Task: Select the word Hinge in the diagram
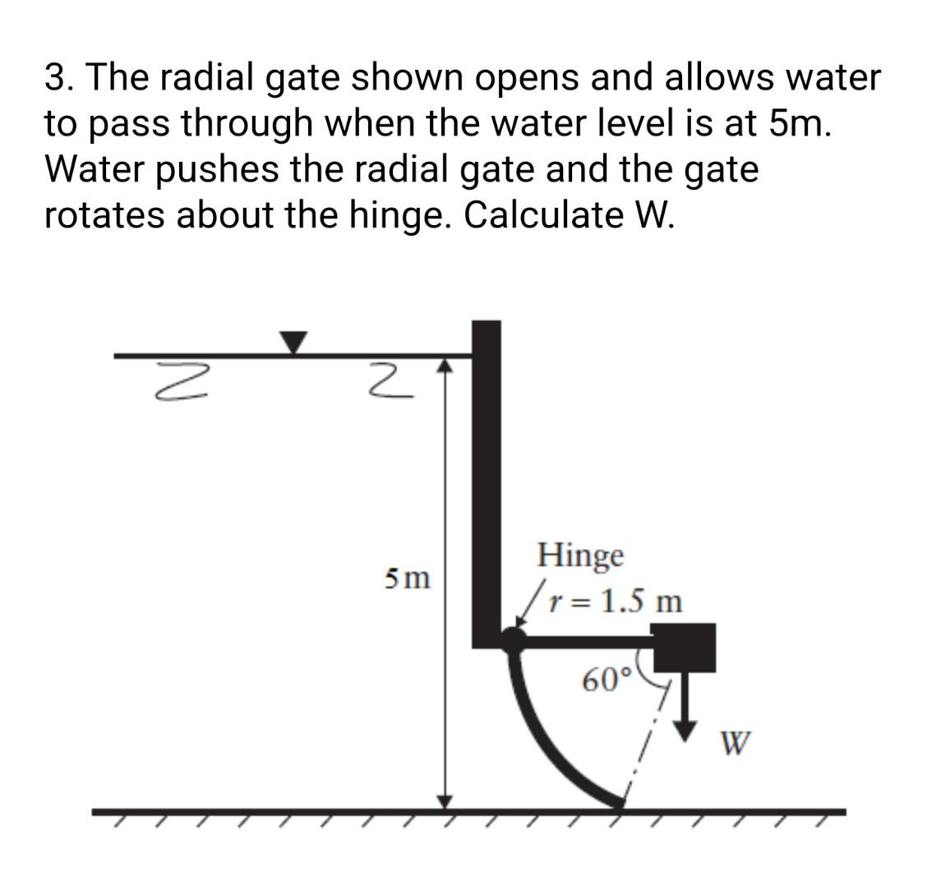pos(580,555)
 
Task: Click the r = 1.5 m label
pos(616,602)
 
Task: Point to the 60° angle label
pos(607,680)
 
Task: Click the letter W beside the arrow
pos(735,743)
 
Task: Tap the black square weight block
pos(684,648)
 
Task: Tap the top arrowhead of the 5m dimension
pos(445,364)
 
